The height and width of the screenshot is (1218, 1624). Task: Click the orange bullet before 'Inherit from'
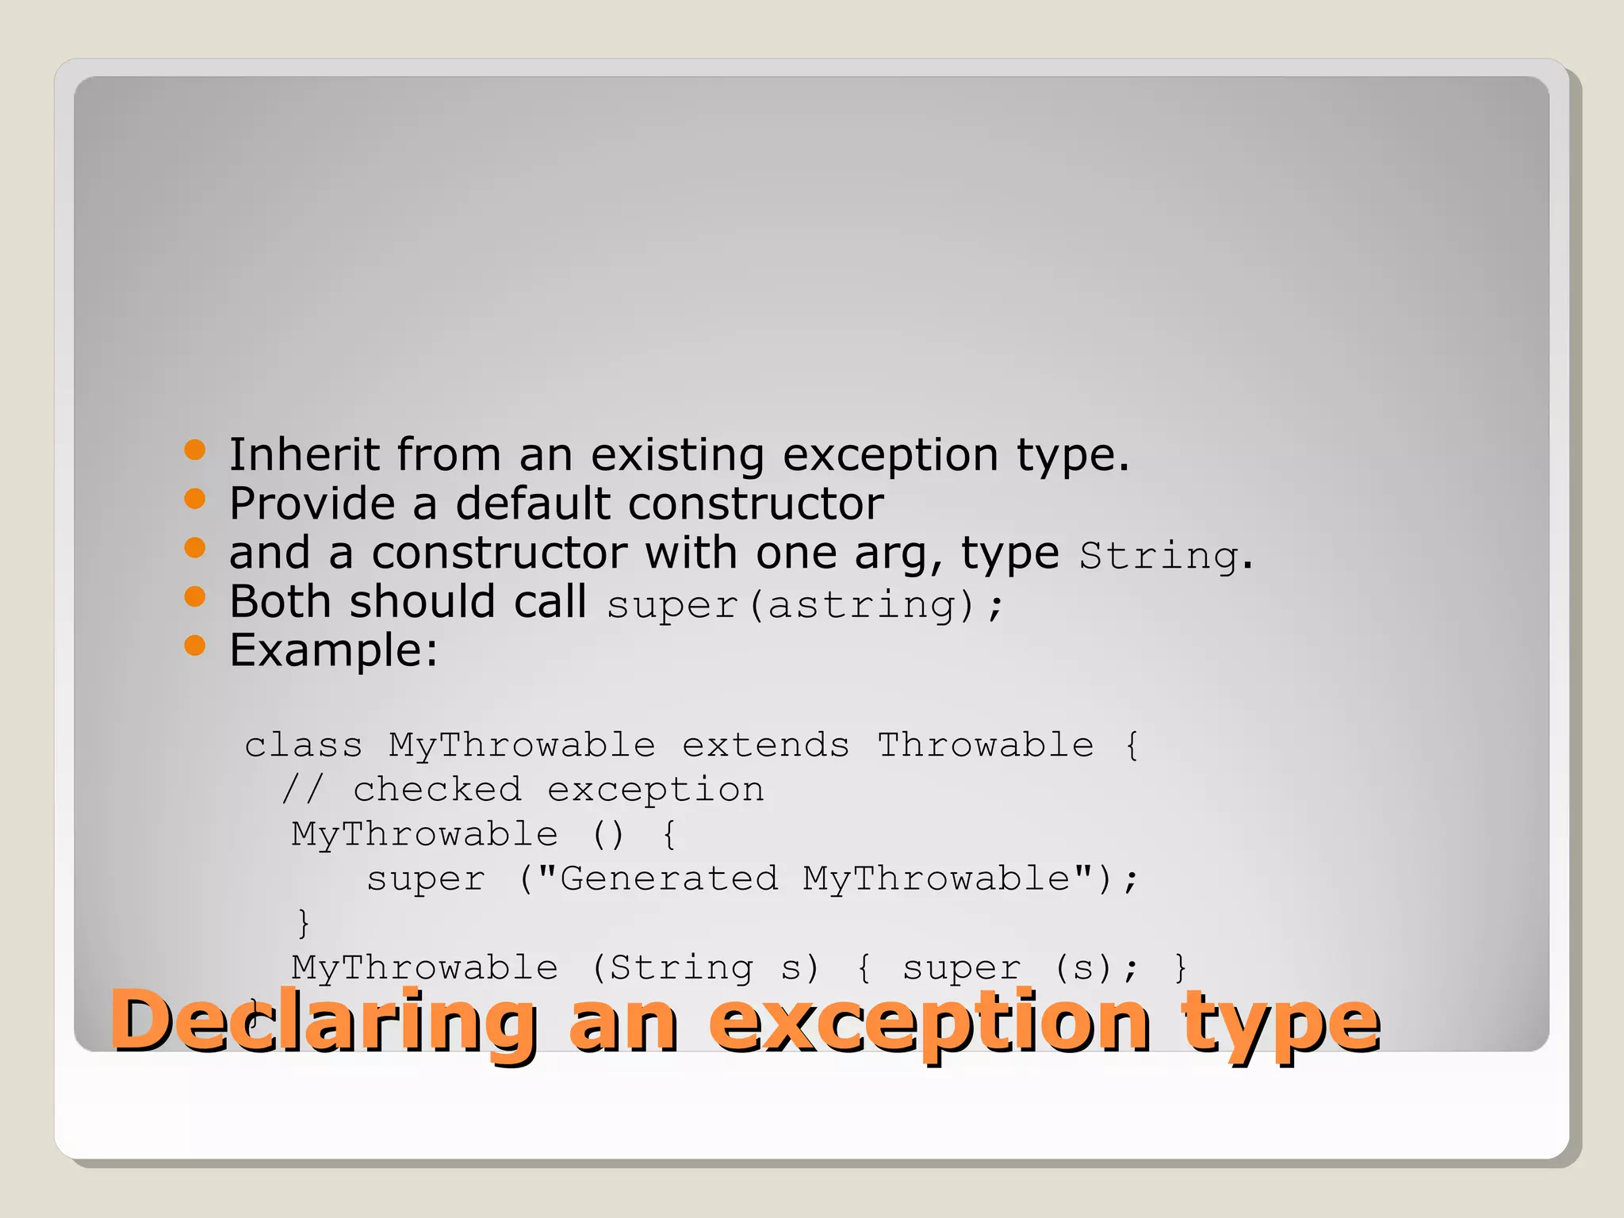point(194,450)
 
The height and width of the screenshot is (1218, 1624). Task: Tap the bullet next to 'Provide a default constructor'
point(194,499)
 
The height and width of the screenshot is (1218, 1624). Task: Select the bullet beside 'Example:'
point(194,645)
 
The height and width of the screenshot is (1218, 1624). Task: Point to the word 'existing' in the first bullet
point(677,454)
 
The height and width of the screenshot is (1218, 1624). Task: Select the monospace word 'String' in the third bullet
point(1159,555)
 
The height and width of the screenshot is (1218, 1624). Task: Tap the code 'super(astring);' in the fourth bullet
point(805,605)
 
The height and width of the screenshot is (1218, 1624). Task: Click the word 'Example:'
point(333,651)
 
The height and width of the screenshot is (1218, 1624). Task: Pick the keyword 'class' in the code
point(303,745)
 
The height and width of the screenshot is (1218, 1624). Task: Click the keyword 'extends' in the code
point(765,745)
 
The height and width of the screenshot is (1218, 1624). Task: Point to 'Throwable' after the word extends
point(985,745)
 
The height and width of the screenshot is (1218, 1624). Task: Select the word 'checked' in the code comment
point(437,790)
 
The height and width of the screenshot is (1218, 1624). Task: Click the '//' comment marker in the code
point(303,790)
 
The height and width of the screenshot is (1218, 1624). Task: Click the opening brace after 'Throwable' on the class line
point(1132,746)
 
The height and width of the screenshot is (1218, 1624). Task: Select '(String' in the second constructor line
point(672,968)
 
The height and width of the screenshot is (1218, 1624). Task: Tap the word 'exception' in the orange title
point(929,1023)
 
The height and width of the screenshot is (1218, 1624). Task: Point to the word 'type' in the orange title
point(1280,1023)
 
